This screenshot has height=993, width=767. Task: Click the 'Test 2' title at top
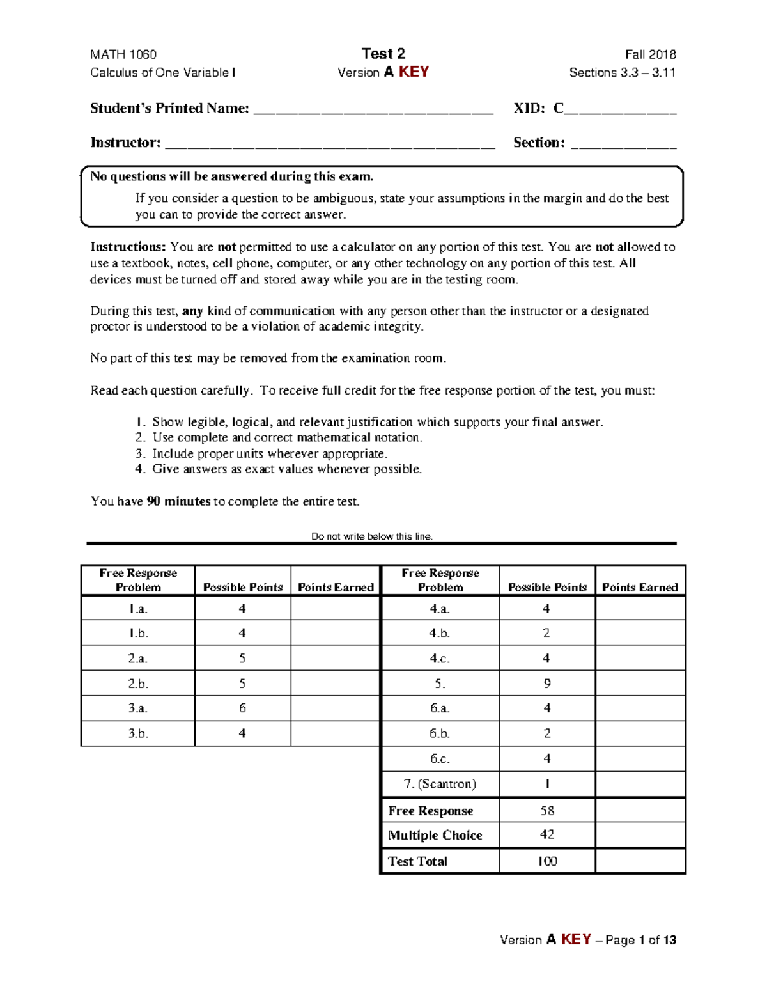tap(383, 54)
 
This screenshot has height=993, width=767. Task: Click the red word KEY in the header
tap(414, 72)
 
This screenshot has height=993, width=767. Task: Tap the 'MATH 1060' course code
tap(123, 54)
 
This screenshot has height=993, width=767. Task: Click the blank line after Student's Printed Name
tap(373, 110)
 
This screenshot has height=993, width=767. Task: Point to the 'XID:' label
tap(529, 109)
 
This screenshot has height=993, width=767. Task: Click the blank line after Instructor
tap(330, 145)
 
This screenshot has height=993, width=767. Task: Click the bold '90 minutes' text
tap(178, 501)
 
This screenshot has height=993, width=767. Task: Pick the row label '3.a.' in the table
tap(137, 708)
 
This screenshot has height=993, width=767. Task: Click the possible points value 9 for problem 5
tap(547, 684)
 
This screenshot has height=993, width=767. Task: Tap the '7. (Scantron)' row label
tap(440, 784)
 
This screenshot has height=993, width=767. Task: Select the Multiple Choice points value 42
tap(547, 834)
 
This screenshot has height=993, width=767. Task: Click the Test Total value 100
tap(547, 861)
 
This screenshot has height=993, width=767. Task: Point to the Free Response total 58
tap(547, 811)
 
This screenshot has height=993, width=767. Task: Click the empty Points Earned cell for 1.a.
tap(336, 609)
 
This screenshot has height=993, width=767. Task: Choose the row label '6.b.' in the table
tap(440, 733)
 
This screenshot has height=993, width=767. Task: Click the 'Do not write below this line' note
tap(372, 536)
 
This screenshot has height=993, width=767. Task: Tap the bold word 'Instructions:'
tap(128, 247)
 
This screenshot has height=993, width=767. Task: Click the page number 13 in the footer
tap(669, 940)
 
